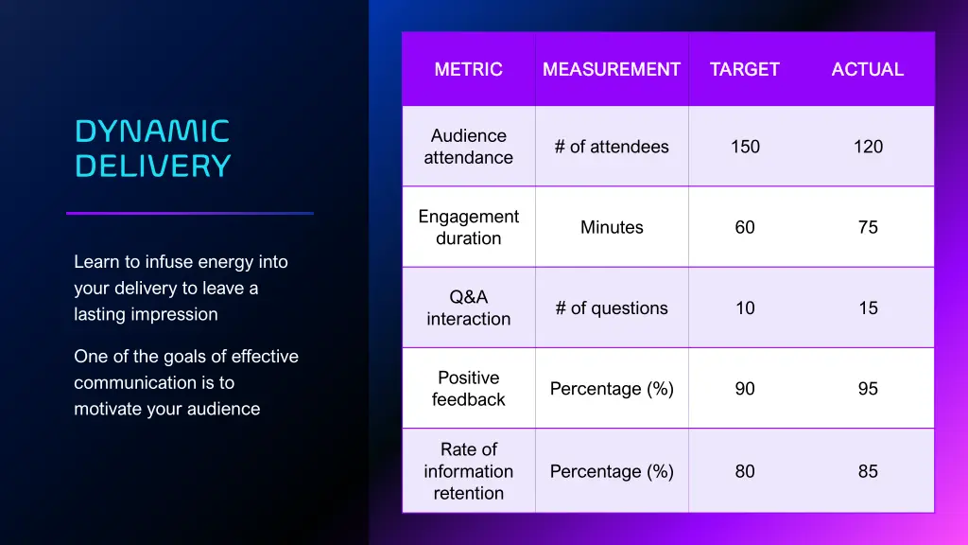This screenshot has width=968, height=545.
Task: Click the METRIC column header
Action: (468, 69)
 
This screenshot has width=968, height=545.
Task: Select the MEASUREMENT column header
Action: (612, 69)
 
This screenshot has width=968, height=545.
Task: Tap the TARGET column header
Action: (745, 69)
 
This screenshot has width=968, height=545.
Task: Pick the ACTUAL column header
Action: (868, 69)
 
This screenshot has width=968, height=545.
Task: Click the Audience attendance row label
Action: (468, 147)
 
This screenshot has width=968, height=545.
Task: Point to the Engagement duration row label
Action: (468, 227)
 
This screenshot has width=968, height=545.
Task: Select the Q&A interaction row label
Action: (468, 308)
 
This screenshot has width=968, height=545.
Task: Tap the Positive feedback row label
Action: (468, 389)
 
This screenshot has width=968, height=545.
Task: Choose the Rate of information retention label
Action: (468, 471)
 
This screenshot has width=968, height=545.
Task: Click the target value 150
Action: (745, 147)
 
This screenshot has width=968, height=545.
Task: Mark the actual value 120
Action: (868, 147)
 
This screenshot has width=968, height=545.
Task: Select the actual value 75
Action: (868, 227)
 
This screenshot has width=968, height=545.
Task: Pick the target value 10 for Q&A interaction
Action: (745, 308)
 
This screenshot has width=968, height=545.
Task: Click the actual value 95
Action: (868, 389)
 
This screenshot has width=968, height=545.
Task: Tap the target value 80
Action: (745, 471)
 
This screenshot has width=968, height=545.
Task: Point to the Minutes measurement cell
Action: (612, 227)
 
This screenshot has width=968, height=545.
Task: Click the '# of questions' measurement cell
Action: (612, 308)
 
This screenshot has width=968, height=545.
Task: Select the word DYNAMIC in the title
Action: (152, 131)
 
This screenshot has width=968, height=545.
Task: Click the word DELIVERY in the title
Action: (152, 167)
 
